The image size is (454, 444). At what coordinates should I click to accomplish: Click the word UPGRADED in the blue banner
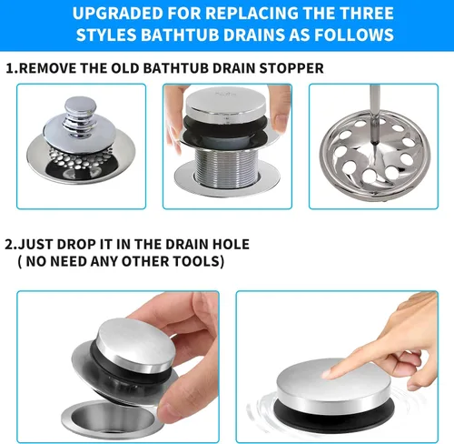[118, 14]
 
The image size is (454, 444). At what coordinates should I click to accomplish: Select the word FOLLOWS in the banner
[354, 35]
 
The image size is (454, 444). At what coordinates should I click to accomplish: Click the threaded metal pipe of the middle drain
[226, 167]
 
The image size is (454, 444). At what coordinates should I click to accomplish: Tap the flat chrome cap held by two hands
[226, 103]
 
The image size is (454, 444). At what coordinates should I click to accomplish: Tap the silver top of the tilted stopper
[136, 344]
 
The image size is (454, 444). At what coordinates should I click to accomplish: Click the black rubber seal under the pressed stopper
[334, 411]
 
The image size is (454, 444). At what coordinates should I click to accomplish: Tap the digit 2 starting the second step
[9, 245]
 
